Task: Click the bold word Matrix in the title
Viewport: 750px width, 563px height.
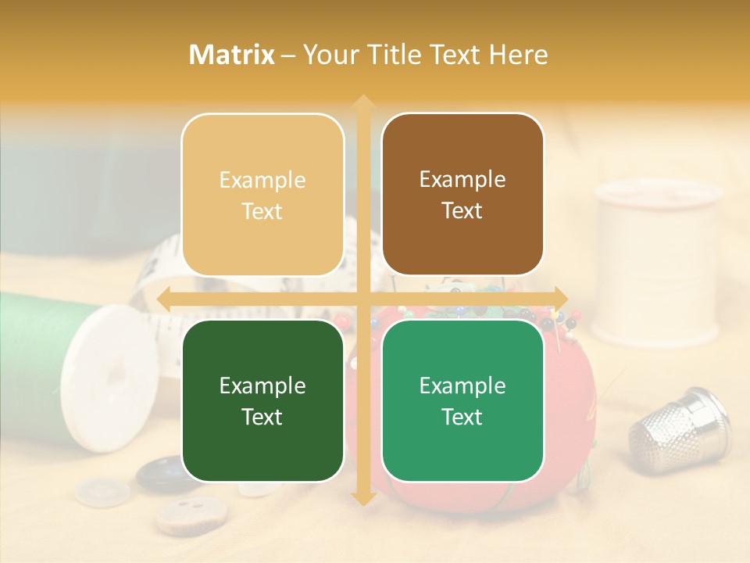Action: (232, 55)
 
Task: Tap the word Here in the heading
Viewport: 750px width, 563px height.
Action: (519, 55)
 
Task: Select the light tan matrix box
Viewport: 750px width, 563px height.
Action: (262, 195)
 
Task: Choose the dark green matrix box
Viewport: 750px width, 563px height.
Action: (262, 400)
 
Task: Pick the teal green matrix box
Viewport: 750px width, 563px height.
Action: (462, 400)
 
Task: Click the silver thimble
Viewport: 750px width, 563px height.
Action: (679, 431)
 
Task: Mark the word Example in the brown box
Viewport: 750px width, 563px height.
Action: (462, 179)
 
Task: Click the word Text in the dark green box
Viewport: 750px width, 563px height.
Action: (262, 417)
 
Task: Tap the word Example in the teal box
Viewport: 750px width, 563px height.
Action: (462, 385)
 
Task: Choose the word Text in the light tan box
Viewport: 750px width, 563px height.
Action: (262, 211)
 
